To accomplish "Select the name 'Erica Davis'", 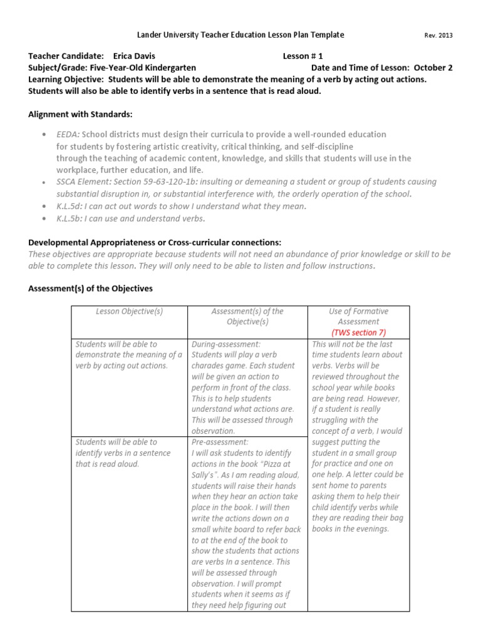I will [134, 56].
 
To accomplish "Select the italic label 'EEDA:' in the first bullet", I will [68, 135].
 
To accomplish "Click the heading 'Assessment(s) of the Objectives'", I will [90, 289].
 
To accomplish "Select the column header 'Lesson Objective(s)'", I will [129, 312].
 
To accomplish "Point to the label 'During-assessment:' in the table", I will [226, 344].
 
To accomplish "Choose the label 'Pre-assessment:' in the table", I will [220, 442].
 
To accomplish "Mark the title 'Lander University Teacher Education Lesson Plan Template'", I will [240, 35].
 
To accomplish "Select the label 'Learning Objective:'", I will [66, 79].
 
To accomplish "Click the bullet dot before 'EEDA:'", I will [43, 135].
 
